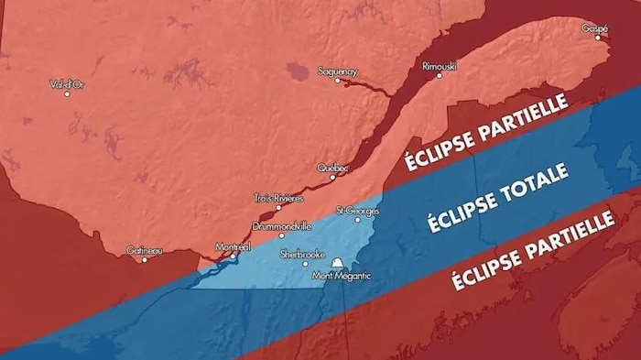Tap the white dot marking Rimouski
[440, 76]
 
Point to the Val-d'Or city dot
[67, 94]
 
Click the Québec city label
[332, 168]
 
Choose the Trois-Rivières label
[278, 198]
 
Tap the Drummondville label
[282, 225]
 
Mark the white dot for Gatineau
[144, 259]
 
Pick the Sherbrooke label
[302, 253]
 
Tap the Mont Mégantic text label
[342, 277]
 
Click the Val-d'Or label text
[67, 84]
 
